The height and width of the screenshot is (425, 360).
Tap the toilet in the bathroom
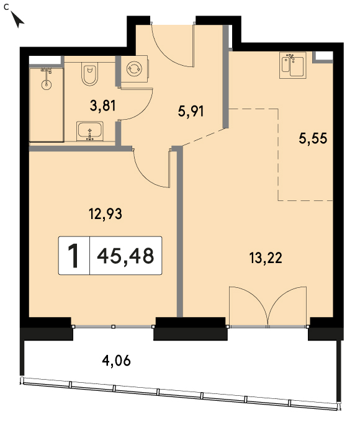(x=89, y=74)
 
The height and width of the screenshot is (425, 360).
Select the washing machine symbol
(x=134, y=69)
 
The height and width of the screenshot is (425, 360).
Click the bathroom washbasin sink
(x=90, y=131)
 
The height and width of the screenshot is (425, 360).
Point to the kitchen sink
(x=293, y=65)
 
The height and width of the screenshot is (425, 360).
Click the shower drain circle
(x=47, y=84)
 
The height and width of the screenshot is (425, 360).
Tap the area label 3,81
(x=103, y=105)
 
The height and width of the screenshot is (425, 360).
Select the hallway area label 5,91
(x=191, y=111)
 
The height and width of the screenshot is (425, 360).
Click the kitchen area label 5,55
(x=313, y=138)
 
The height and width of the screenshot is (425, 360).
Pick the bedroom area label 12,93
(x=106, y=213)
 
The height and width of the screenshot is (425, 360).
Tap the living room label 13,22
(x=266, y=257)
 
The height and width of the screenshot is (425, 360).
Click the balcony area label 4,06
(x=116, y=360)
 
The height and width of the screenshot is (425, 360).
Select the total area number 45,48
(x=126, y=256)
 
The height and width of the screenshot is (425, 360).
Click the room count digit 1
(x=73, y=256)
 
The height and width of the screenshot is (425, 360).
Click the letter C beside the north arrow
(x=6, y=7)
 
